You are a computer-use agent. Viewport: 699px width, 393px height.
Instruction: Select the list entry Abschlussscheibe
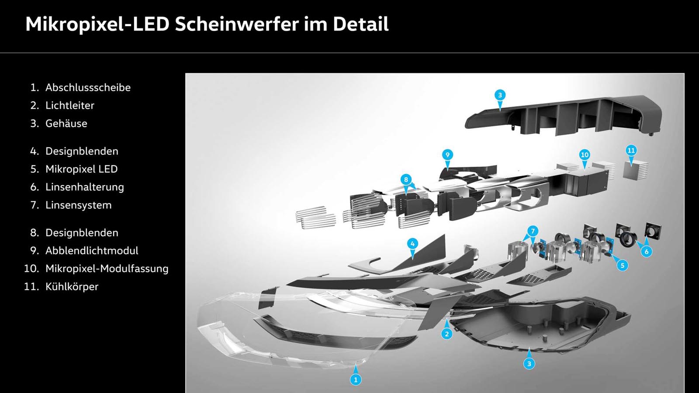(88, 87)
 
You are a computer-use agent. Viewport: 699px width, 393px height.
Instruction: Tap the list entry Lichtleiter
(70, 105)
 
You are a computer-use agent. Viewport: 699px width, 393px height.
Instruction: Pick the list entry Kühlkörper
(72, 286)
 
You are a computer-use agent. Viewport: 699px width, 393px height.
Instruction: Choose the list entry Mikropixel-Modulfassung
(107, 269)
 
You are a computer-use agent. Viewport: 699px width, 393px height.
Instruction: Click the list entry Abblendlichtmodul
(92, 251)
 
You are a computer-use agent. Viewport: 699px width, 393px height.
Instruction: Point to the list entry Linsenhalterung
(85, 187)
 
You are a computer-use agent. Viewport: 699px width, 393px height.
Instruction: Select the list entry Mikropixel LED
(81, 169)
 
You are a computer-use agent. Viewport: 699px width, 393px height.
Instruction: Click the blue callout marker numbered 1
(356, 379)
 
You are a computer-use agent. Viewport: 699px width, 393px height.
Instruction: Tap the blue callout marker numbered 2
(447, 334)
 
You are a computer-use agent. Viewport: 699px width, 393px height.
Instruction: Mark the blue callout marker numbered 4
(412, 244)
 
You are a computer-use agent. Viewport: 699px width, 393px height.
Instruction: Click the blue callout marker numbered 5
(622, 265)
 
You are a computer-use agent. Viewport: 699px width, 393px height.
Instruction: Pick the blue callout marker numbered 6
(646, 252)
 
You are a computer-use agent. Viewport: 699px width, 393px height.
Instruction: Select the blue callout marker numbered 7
(533, 231)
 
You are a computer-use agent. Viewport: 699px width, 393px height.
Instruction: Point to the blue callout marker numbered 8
(406, 179)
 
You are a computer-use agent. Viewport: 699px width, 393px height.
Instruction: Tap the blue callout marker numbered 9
(447, 155)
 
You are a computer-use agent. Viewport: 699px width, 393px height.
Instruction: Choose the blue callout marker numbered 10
(585, 155)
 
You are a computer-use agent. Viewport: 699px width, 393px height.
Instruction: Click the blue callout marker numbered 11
(631, 151)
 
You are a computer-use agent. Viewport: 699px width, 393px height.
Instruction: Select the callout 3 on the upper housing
(500, 95)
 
